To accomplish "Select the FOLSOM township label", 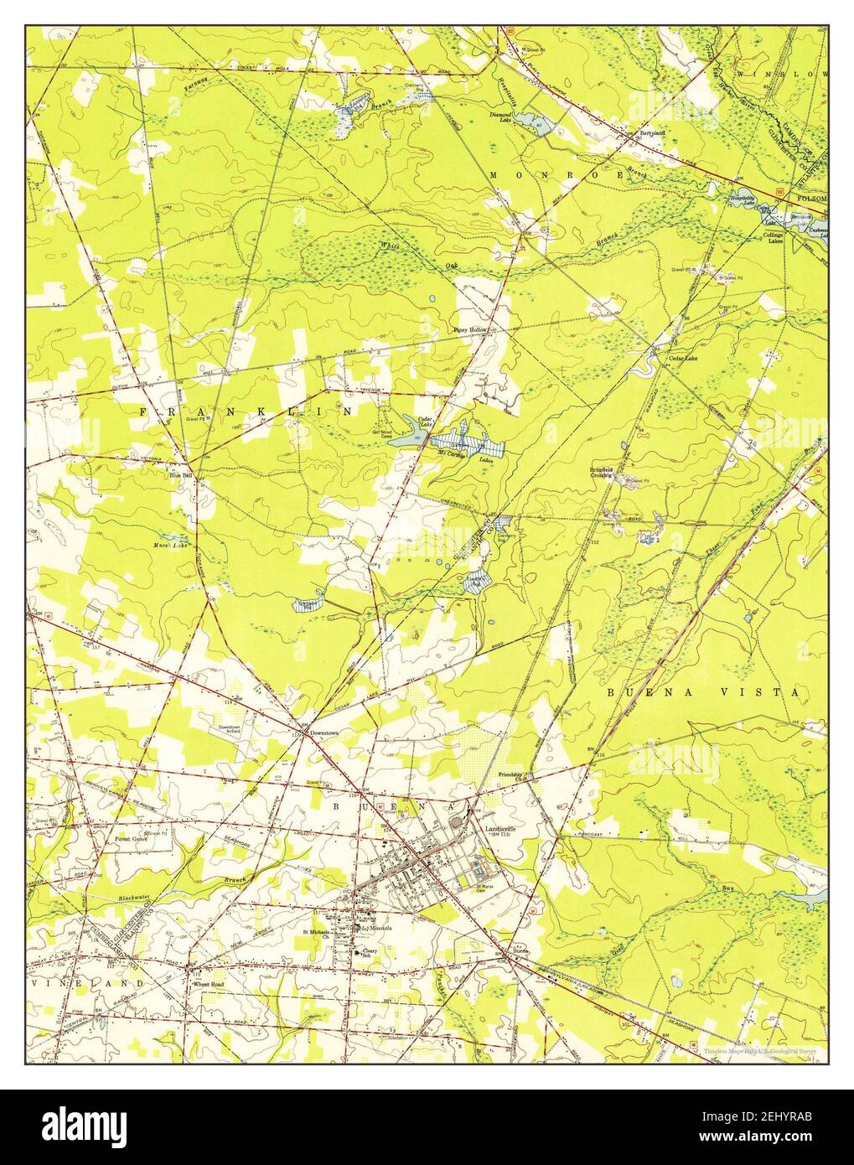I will point(812,199).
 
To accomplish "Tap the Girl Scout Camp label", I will point(383,434).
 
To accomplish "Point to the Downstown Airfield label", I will point(230,729).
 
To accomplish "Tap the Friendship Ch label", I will point(511,775).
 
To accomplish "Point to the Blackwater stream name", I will point(114,898).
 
